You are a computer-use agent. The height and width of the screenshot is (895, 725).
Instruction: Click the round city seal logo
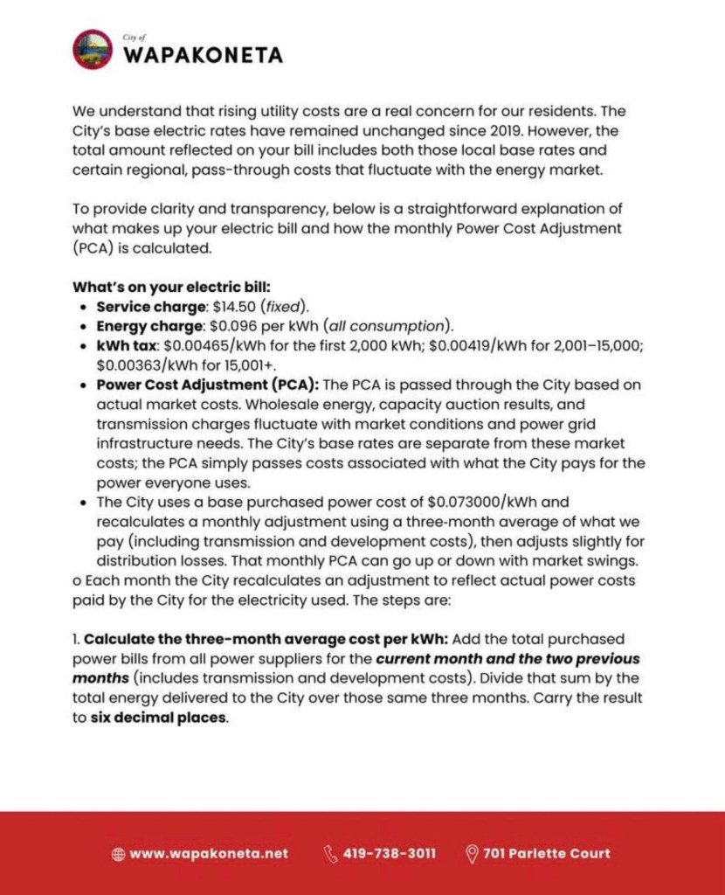(x=93, y=50)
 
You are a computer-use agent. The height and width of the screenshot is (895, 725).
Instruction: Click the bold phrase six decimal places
(x=160, y=718)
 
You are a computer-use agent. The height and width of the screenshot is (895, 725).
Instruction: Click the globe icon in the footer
(x=119, y=854)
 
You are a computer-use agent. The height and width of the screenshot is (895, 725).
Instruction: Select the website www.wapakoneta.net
(x=209, y=854)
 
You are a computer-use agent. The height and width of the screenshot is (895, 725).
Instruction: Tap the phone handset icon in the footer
(x=331, y=854)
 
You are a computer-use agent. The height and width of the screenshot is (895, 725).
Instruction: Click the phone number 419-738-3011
(x=390, y=854)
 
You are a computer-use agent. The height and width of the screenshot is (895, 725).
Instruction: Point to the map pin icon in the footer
(x=473, y=854)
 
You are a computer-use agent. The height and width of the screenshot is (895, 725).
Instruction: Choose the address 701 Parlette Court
(x=547, y=854)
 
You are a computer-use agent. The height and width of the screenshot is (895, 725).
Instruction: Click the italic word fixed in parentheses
(x=287, y=307)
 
